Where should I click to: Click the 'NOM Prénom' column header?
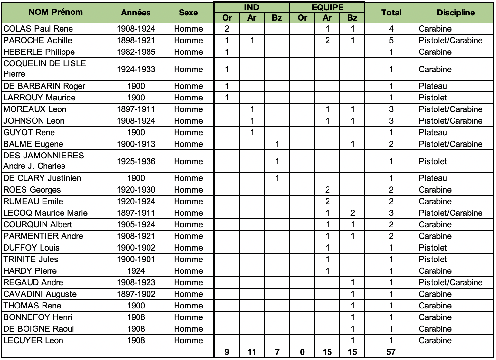coord(55,12)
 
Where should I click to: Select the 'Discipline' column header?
coord(455,13)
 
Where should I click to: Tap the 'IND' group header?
coord(252,7)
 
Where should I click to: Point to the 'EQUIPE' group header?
coord(327,7)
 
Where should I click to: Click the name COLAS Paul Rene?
coord(38,29)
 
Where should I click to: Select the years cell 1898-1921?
coord(136,40)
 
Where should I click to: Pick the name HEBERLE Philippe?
coord(39,52)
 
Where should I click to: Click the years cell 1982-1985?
coord(136,52)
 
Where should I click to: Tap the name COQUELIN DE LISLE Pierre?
coord(44,69)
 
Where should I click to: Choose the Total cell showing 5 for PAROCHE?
coord(391,40)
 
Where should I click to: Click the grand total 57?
coord(391,352)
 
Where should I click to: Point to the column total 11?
coord(252,352)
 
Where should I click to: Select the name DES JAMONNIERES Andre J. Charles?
coord(43,161)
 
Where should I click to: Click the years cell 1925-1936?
coord(136,161)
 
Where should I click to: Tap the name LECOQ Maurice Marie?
coord(45,213)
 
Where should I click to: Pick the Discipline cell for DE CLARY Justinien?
coord(433,178)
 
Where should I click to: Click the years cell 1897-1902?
coord(136,294)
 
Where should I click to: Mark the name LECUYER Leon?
coord(33,340)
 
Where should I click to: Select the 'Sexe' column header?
coord(188,13)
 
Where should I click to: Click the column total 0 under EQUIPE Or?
coord(302,352)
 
